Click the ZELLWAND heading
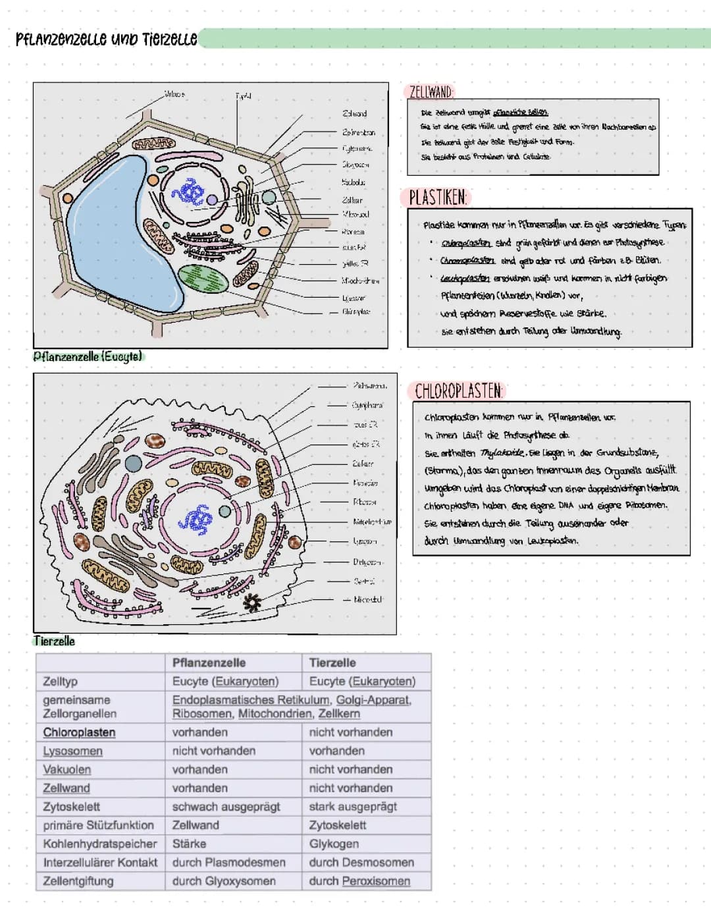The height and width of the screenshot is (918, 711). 431,92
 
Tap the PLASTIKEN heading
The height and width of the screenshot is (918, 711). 438,198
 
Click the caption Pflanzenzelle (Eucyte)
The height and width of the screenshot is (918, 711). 88,356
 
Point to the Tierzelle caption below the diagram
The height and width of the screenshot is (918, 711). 54,641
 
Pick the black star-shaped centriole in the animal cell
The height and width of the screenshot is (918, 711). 251,602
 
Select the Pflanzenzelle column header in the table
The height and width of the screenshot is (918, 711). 209,662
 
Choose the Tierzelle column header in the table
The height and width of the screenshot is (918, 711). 332,662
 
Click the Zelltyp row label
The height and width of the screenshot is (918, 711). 61,681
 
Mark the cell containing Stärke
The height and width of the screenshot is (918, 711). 189,844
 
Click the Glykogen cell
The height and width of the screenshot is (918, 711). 334,844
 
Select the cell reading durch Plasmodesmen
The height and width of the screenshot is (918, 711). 228,862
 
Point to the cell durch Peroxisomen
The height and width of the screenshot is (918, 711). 359,881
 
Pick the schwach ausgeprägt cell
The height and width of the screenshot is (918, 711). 226,807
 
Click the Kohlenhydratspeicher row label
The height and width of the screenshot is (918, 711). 99,844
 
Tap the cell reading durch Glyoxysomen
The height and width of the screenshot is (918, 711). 223,881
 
